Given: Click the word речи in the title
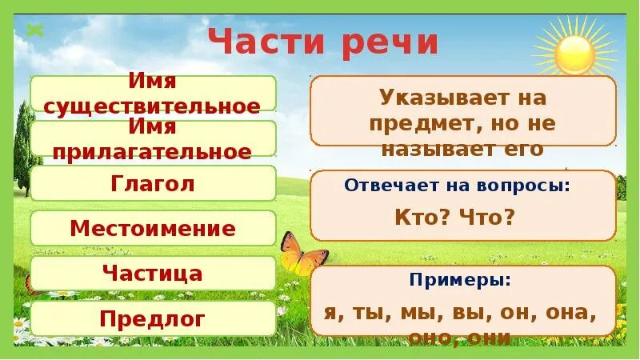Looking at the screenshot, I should pyautogui.click(x=390, y=42).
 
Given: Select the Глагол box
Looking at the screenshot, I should pyautogui.click(x=153, y=183).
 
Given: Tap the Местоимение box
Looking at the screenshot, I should pyautogui.click(x=153, y=229).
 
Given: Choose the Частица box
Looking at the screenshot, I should pyautogui.click(x=153, y=274).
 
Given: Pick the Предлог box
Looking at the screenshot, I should pyautogui.click(x=153, y=319).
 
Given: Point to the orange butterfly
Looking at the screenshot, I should pyautogui.click(x=303, y=254).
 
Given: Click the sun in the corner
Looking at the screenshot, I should pyautogui.click(x=574, y=53).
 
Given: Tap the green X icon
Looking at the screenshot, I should pyautogui.click(x=34, y=30).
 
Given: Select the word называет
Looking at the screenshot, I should pyautogui.click(x=445, y=148).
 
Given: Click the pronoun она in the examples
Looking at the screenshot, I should pyautogui.click(x=570, y=313).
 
